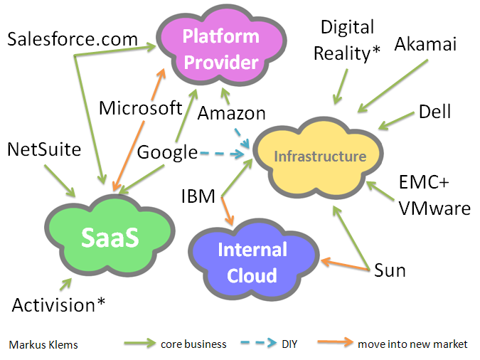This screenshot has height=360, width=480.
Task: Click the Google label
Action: (167, 152)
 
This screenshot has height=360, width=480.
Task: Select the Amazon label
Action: (232, 112)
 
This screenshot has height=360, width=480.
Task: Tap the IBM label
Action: (198, 196)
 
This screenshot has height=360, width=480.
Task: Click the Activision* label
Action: (59, 305)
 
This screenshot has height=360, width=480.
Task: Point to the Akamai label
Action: (425, 45)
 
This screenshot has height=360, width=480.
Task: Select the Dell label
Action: (434, 112)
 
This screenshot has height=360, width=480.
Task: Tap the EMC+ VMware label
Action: (434, 196)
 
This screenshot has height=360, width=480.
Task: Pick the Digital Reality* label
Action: (347, 40)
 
